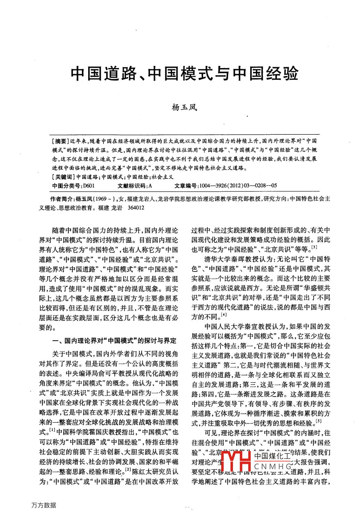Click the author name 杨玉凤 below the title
[x=184, y=107]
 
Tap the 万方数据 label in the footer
[x=43, y=505]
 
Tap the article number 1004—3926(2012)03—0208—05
[x=238, y=186]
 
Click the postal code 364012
[x=136, y=208]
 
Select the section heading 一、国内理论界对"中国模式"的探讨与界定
[x=115, y=341]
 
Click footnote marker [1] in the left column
[x=52, y=430]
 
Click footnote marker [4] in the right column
[x=224, y=315]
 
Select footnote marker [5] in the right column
[x=319, y=421]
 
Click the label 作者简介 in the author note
[x=62, y=199]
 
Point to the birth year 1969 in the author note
[x=101, y=199]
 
